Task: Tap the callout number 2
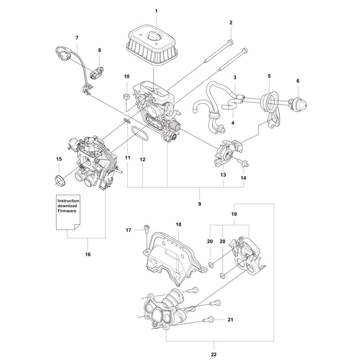click(x=231, y=22)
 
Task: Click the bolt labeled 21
click(x=208, y=319)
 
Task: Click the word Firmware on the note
click(x=67, y=211)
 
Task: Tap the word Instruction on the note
click(x=68, y=201)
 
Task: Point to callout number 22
click(x=214, y=355)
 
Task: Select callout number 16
click(x=88, y=255)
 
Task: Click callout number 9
click(x=199, y=204)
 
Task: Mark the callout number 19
click(x=234, y=214)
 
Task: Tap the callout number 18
click(x=178, y=224)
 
